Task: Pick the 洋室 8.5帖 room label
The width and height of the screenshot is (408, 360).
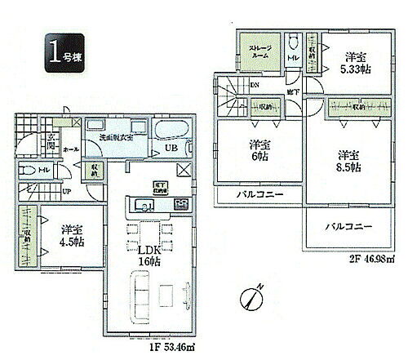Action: pyautogui.click(x=349, y=160)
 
